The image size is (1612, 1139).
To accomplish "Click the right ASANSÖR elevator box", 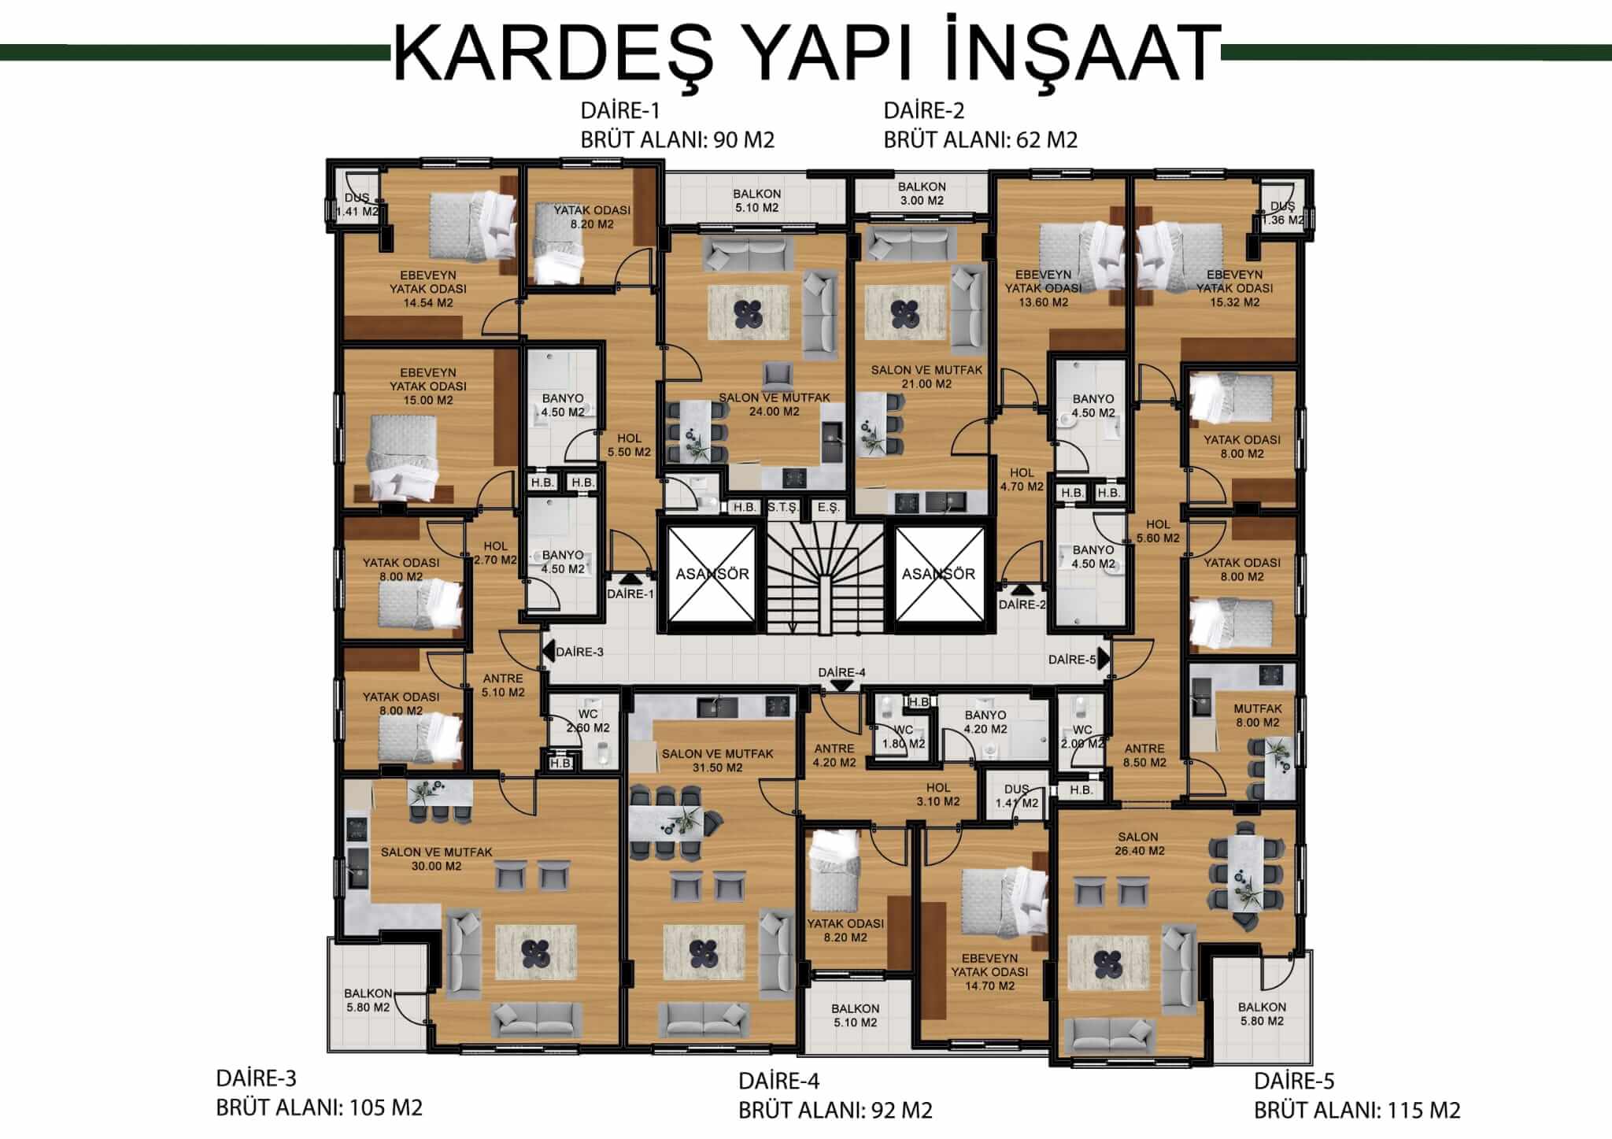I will point(939,574).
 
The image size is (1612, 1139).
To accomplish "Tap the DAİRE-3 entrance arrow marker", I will point(547,651).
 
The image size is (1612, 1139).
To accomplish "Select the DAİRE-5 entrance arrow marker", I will point(1104,657).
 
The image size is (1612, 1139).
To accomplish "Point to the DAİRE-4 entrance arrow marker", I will point(841,685).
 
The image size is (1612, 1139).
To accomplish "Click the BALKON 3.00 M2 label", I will point(922,194).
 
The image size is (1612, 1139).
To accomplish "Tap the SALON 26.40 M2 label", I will point(1139,844).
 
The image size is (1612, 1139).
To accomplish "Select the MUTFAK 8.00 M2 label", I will point(1257,716).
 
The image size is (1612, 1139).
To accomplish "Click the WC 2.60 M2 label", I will point(587,721).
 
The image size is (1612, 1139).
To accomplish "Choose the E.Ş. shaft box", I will point(828,508).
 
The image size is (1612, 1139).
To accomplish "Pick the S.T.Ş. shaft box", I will point(782,508).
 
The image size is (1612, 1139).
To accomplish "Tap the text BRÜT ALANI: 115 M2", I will point(1357,1111).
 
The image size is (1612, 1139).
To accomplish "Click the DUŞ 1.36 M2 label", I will point(1282,213).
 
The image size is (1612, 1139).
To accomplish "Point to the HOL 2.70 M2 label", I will point(495,553).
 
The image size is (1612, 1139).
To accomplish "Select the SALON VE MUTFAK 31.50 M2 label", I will point(717,760).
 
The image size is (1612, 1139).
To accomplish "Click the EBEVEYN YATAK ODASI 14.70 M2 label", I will point(989,972).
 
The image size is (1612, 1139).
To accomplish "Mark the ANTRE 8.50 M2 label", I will point(1144,756).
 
